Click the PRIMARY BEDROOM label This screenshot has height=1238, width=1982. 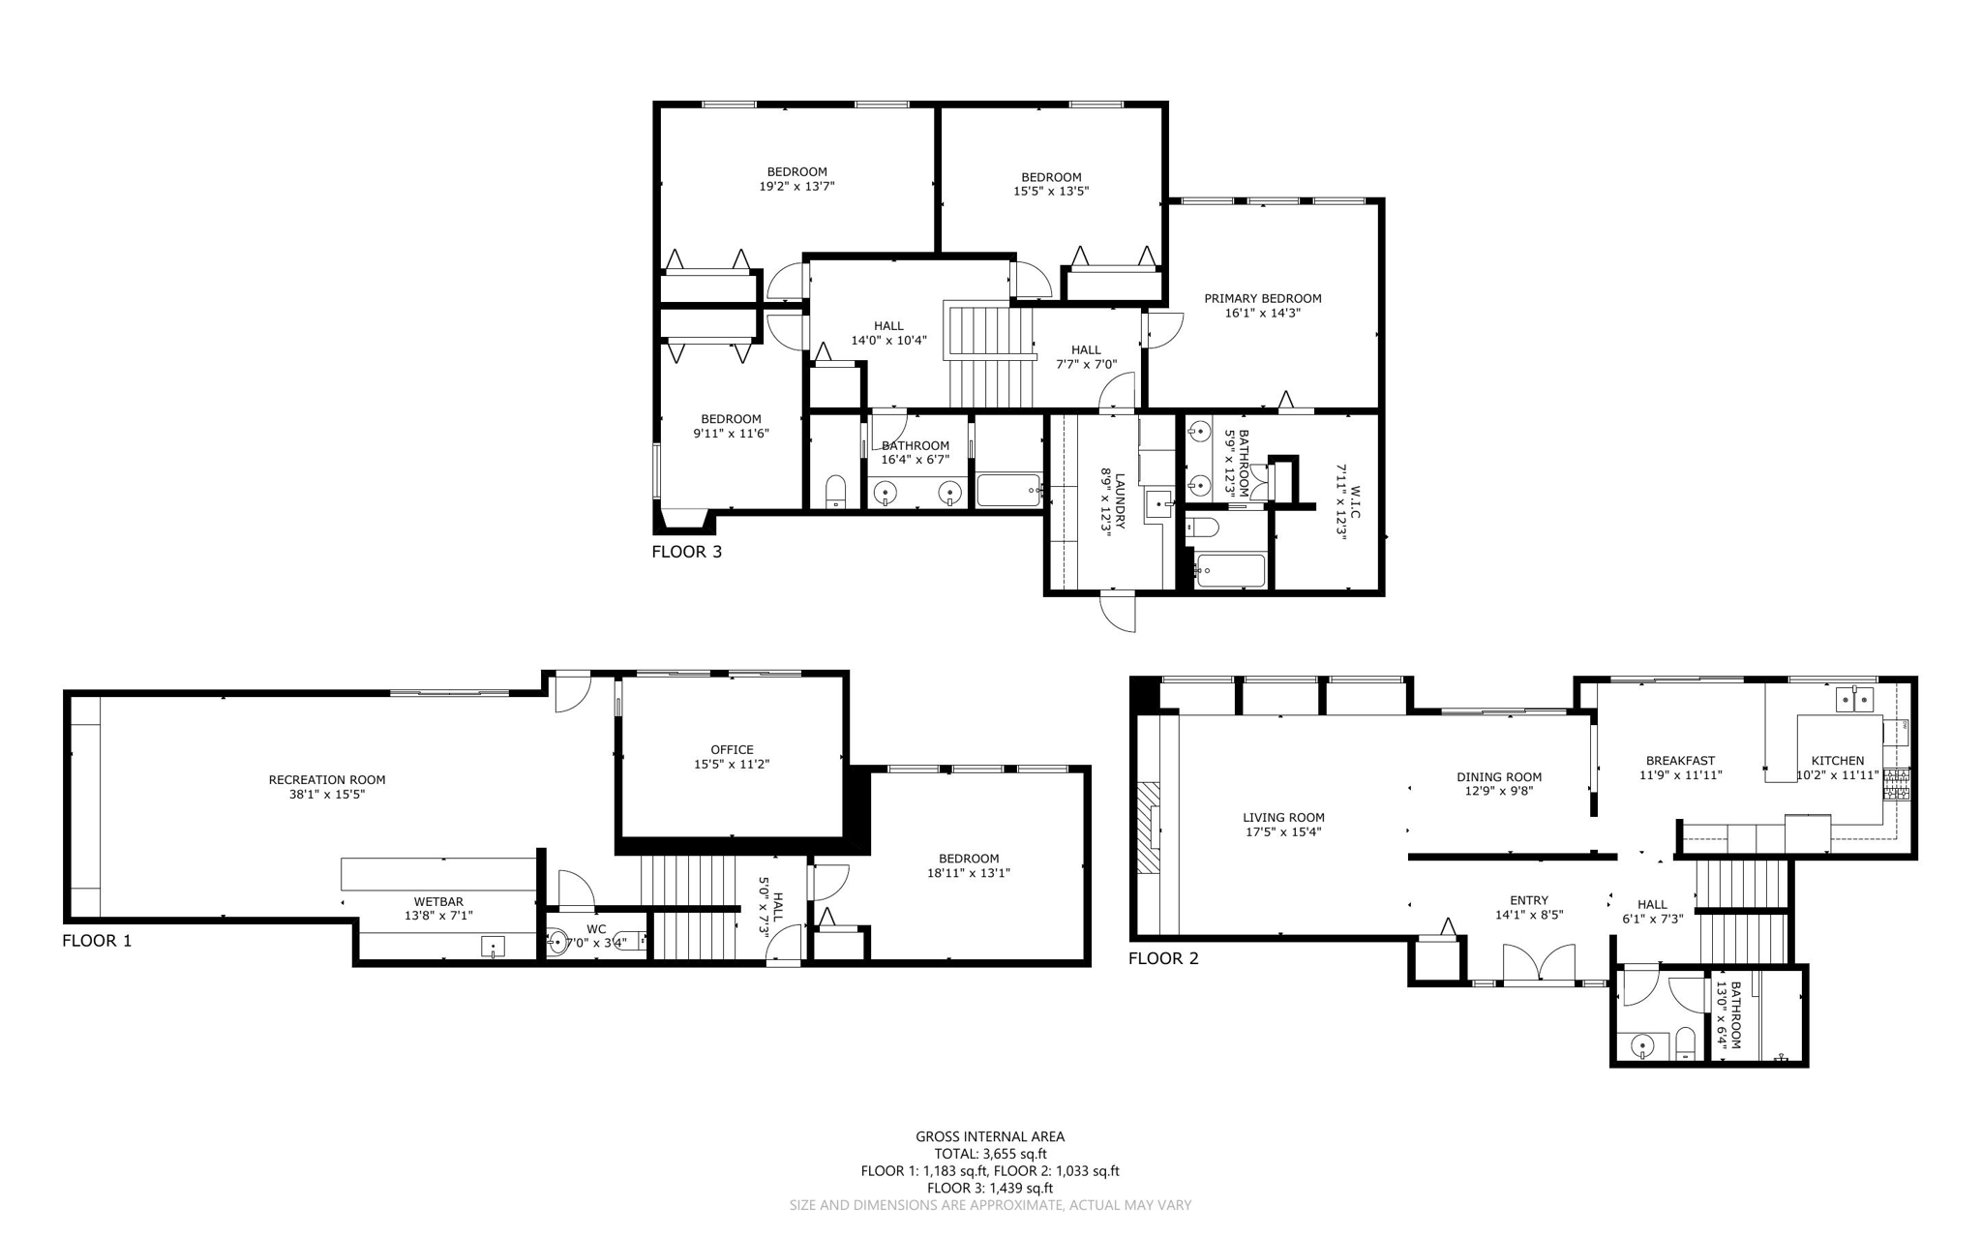pos(1262,298)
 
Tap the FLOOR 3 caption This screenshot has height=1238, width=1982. pos(686,552)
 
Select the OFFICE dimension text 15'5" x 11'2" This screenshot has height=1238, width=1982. pos(731,764)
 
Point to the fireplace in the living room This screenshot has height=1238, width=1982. pos(1148,829)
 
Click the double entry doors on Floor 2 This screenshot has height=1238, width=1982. pos(1539,965)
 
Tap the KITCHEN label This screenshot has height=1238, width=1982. pos(1837,760)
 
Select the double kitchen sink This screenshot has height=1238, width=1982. pos(1855,698)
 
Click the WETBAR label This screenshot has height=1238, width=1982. pos(438,901)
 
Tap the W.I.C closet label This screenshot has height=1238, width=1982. pos(1355,501)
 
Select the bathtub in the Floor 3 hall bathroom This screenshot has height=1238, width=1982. pos(1008,491)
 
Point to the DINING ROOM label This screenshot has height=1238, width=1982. pos(1498,776)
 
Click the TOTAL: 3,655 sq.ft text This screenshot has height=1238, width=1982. pos(990,1153)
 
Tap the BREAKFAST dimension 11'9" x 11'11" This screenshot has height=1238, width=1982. pos(1680,774)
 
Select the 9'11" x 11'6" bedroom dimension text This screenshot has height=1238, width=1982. pos(731,434)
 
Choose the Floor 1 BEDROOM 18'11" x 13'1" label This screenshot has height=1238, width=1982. pos(968,859)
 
